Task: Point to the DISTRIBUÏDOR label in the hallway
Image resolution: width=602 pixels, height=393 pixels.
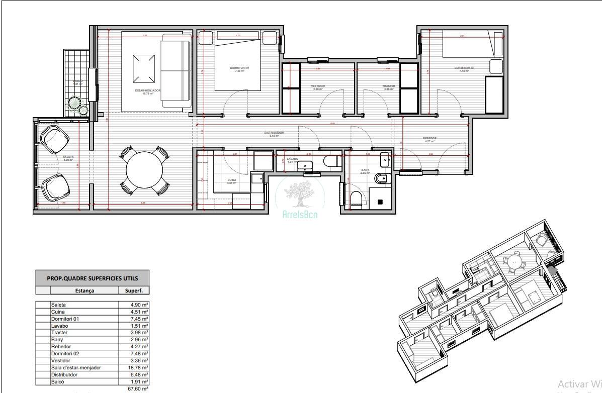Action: (274, 133)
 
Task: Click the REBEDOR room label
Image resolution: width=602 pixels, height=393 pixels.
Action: (429, 138)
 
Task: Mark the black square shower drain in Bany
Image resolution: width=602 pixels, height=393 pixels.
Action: (380, 202)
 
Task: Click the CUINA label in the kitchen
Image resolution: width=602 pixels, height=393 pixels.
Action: (231, 179)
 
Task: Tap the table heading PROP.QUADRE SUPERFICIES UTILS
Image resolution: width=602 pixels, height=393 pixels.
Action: (93, 278)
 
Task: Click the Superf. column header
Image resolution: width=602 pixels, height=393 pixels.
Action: (133, 290)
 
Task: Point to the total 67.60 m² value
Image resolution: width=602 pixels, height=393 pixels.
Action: (138, 388)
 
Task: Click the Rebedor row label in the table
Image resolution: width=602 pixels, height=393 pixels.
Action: (60, 346)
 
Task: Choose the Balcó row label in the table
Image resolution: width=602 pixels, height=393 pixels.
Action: (58, 381)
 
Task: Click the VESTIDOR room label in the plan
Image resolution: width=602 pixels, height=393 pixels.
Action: (318, 86)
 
